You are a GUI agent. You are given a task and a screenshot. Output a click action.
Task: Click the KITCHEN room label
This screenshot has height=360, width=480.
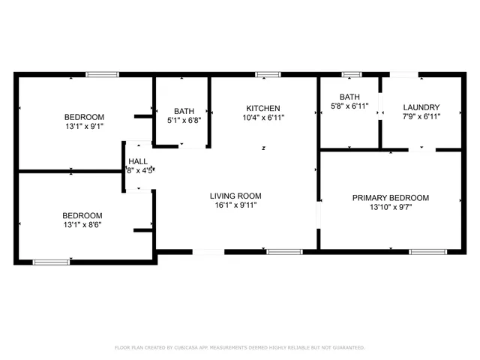(x=262, y=108)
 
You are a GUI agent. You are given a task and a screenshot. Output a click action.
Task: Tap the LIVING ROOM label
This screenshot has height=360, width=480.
(x=235, y=196)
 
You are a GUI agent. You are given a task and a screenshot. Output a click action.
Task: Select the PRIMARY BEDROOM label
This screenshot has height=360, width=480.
(x=391, y=198)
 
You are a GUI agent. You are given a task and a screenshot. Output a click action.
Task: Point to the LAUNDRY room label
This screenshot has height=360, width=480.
(x=421, y=107)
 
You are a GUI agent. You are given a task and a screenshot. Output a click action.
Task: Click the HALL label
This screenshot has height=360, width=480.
(x=138, y=161)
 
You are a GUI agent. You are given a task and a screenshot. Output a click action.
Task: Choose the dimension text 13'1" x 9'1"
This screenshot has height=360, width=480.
(x=84, y=127)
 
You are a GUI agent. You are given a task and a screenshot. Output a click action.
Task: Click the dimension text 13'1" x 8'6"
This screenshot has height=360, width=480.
(x=82, y=224)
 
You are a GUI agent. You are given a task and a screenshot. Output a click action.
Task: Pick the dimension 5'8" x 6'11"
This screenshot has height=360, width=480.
(x=349, y=106)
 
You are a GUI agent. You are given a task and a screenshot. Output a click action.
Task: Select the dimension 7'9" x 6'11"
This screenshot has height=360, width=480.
(x=421, y=116)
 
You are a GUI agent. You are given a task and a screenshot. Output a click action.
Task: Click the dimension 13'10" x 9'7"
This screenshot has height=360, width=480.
(x=391, y=208)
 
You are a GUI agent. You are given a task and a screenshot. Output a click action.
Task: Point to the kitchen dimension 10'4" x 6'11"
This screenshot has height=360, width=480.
(x=262, y=117)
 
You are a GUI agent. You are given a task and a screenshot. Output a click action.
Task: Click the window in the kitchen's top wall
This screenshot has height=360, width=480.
(x=268, y=74)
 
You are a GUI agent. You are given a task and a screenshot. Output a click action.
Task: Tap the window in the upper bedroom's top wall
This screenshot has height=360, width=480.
(x=102, y=74)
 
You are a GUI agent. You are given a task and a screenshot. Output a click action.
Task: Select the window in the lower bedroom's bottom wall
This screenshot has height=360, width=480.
(x=51, y=262)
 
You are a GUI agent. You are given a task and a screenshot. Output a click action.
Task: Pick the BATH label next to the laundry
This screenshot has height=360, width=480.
(x=349, y=97)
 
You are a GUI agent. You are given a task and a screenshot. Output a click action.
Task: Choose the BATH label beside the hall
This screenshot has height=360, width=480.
(x=184, y=111)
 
